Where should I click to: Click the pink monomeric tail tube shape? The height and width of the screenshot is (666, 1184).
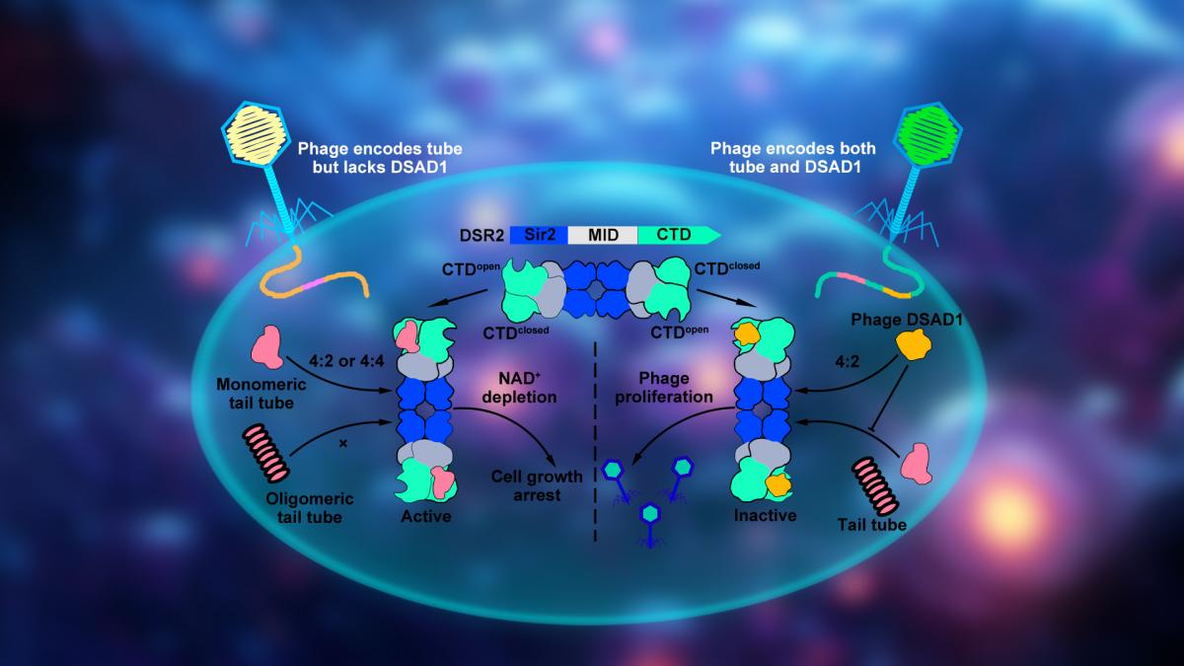266,347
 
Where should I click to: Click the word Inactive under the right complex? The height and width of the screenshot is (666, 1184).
765,515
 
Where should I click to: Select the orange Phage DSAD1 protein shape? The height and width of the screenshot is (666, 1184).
916,345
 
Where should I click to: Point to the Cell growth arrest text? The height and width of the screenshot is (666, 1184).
537,485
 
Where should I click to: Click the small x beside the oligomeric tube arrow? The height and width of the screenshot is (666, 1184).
342,444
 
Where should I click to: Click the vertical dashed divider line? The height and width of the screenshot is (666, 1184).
596,444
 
